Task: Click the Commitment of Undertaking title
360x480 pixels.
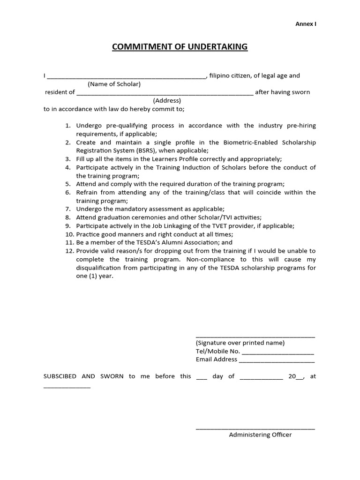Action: click(x=180, y=47)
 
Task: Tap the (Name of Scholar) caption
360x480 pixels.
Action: click(x=114, y=84)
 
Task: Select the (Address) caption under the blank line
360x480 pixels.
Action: click(x=167, y=100)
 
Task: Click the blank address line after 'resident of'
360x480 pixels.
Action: click(x=165, y=93)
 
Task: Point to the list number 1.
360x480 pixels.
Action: click(x=67, y=126)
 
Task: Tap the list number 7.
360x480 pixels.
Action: click(x=67, y=209)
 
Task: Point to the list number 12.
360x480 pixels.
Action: click(x=69, y=251)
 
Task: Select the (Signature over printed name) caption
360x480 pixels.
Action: click(x=240, y=343)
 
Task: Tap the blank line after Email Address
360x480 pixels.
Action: click(x=277, y=361)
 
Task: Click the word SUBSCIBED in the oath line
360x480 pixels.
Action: click(x=63, y=376)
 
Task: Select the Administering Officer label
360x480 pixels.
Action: click(x=260, y=435)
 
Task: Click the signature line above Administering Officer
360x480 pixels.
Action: click(x=255, y=428)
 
